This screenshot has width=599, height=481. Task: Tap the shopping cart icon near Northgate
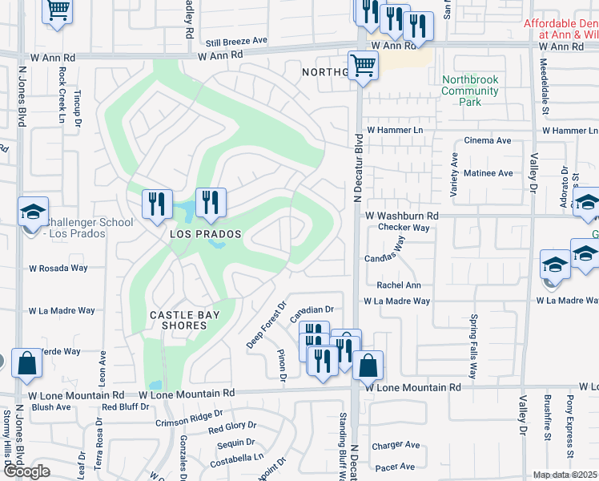coord(364,67)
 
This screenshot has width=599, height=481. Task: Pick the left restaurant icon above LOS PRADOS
coord(157,204)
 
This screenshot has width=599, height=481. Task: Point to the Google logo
coord(26,471)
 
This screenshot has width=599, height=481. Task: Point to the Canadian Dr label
coord(311,309)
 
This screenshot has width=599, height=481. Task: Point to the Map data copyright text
coord(565,475)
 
